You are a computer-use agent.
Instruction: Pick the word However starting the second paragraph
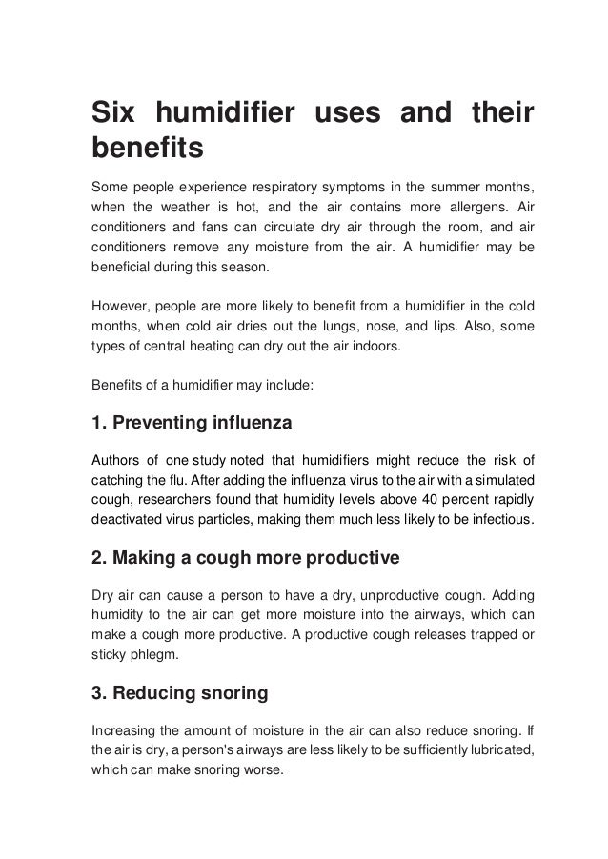pos(120,307)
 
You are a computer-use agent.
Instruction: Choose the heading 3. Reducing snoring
pos(180,693)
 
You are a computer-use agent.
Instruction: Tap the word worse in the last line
pos(260,772)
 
